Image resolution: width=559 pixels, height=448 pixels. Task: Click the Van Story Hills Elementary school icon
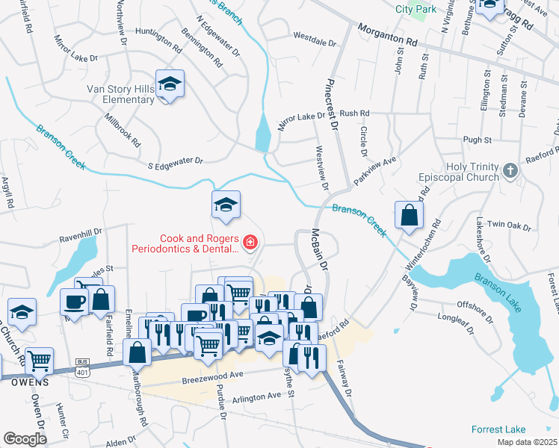click(x=170, y=85)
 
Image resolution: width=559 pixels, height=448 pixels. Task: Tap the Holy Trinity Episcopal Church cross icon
click(x=510, y=171)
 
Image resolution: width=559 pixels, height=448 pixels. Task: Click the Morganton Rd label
click(x=386, y=34)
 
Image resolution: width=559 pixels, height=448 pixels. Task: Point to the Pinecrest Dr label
click(x=329, y=97)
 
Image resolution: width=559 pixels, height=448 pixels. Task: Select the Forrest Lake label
click(x=498, y=429)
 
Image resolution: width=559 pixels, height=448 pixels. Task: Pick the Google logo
click(x=25, y=439)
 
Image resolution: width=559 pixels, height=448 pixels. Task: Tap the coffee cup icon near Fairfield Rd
click(x=74, y=301)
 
